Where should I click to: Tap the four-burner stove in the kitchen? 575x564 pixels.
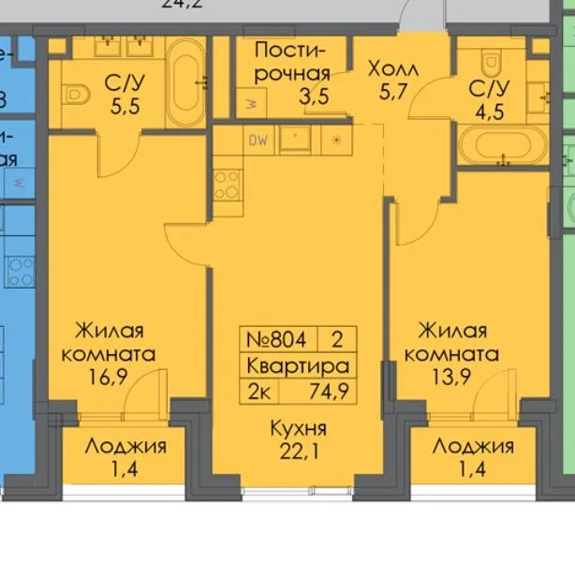click(227, 185)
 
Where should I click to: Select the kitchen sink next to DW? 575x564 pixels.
click(296, 141)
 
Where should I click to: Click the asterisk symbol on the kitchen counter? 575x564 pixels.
click(336, 141)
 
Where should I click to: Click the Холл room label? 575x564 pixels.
click(393, 69)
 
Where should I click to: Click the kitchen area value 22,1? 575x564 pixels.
click(298, 453)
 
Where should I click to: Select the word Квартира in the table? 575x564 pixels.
click(298, 365)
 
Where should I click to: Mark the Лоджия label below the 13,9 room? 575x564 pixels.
click(473, 446)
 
